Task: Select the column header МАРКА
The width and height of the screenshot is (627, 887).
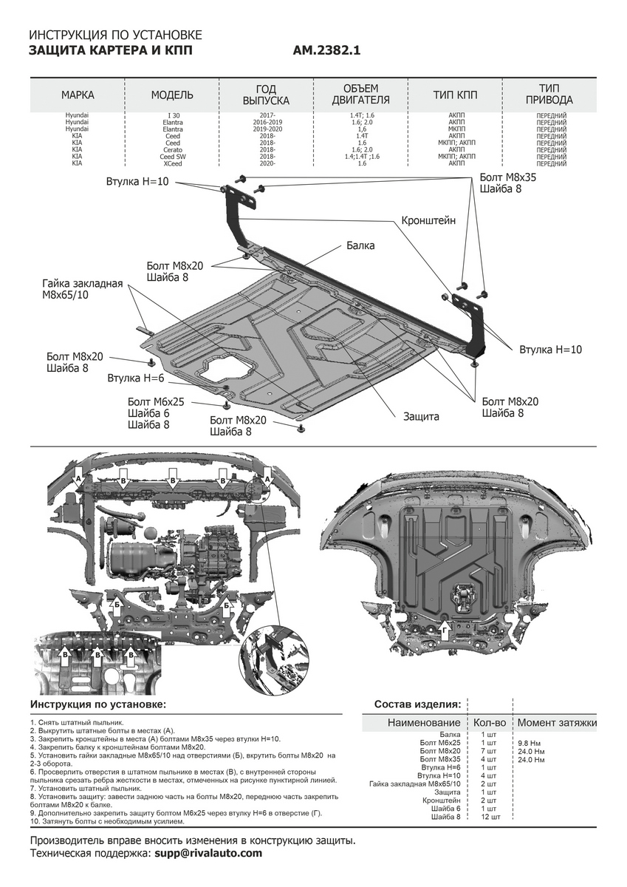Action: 78,95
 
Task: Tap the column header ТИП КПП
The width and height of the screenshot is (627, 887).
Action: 455,95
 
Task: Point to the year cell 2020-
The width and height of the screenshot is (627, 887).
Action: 267,163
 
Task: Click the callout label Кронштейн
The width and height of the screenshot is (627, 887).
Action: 428,220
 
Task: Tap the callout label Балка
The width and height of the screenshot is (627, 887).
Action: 360,245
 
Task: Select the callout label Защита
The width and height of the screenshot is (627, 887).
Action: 421,416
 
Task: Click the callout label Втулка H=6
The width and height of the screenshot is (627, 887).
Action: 135,378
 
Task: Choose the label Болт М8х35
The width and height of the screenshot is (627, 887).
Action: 509,177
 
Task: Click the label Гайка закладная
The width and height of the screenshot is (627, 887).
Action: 82,284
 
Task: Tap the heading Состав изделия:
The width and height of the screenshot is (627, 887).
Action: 417,704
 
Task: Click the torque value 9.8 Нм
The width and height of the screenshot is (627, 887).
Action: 530,742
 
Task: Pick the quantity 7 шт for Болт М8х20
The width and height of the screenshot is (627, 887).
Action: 488,751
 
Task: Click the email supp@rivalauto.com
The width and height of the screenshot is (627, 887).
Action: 208,853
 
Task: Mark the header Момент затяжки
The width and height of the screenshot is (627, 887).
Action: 557,722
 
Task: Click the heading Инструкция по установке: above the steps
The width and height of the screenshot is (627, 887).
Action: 98,704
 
